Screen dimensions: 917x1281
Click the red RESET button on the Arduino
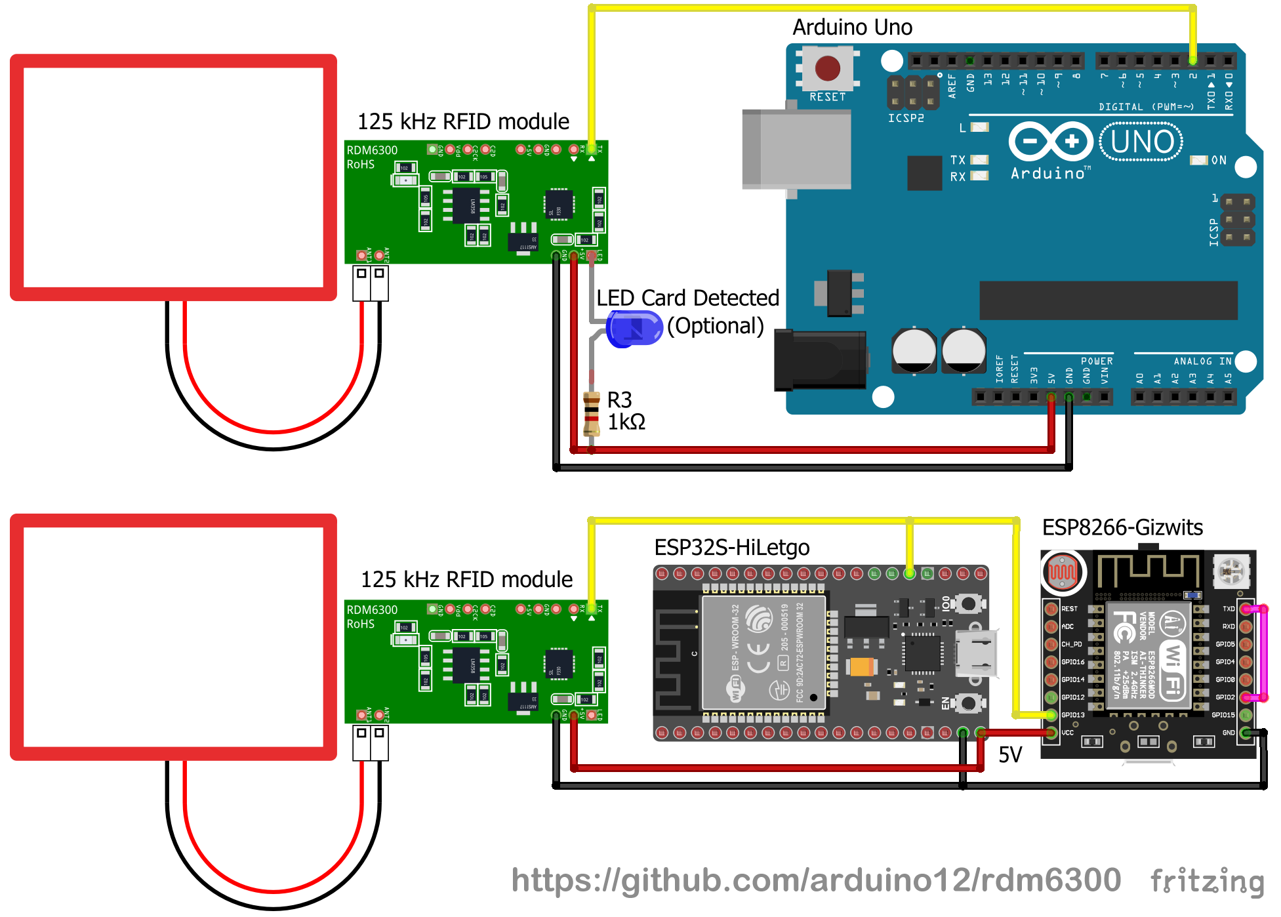[x=827, y=68]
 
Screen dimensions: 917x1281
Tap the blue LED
[x=634, y=329]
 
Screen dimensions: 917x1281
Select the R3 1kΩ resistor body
[x=592, y=413]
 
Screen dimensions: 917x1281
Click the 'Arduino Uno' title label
[x=852, y=28]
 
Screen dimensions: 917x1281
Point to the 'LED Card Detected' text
[x=687, y=298]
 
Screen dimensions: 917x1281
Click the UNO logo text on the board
[x=1142, y=142]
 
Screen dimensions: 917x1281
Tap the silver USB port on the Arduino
[x=796, y=150]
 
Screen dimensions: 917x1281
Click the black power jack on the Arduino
[x=820, y=360]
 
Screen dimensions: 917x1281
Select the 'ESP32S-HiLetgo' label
[x=731, y=548]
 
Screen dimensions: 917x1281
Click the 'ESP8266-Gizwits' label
[x=1122, y=527]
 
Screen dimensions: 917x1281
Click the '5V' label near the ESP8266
[x=1010, y=755]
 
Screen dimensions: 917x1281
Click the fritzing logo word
[x=1207, y=882]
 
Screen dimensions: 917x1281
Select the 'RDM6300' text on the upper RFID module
[x=372, y=150]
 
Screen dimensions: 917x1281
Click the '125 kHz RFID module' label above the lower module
[x=466, y=580]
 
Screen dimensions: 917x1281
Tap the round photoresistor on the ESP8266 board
[x=1062, y=572]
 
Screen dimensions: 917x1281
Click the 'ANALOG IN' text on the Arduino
[x=1202, y=361]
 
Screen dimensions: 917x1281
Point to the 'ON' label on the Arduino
[x=1219, y=161]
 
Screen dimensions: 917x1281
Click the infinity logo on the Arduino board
[x=1051, y=142]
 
